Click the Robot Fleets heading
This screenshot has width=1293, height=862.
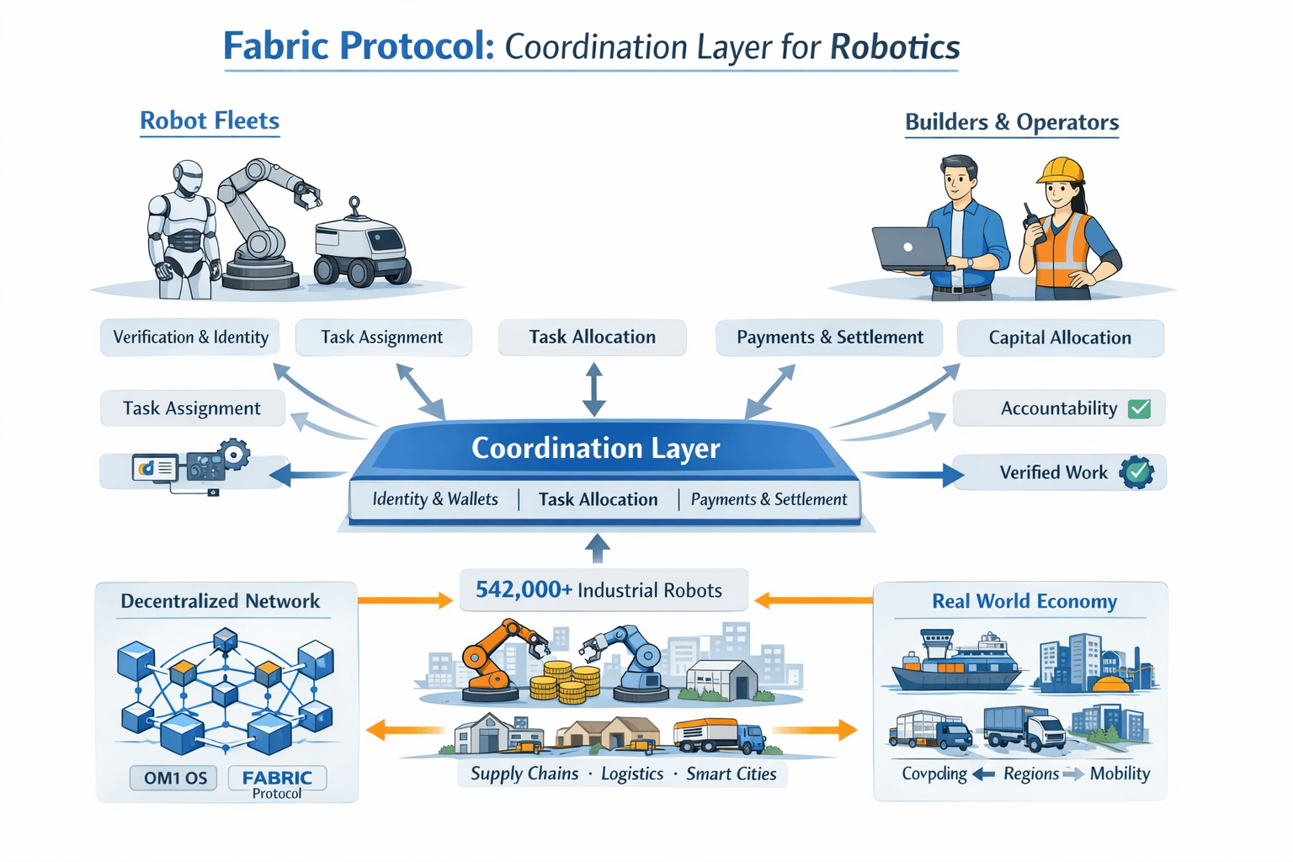pyautogui.click(x=210, y=121)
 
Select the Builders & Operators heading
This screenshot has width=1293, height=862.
pyautogui.click(x=1011, y=123)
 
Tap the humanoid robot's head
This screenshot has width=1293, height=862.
pyautogui.click(x=189, y=178)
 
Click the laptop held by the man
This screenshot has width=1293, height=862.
pyautogui.click(x=908, y=248)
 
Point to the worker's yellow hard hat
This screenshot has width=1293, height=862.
pyautogui.click(x=1060, y=170)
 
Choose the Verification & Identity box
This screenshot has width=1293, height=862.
pyautogui.click(x=191, y=338)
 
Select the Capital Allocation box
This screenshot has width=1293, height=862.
pyautogui.click(x=1060, y=338)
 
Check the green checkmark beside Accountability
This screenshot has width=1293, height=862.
pyautogui.click(x=1139, y=408)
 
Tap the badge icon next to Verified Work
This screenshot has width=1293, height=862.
pyautogui.click(x=1136, y=472)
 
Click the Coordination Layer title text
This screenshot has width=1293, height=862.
pyautogui.click(x=595, y=448)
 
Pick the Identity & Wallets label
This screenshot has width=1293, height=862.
pyautogui.click(x=435, y=499)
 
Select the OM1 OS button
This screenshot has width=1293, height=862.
pyautogui.click(x=175, y=778)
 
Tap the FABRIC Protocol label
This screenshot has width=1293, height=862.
pyautogui.click(x=277, y=782)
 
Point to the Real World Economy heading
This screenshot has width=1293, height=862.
pyautogui.click(x=1024, y=601)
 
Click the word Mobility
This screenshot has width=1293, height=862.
pyautogui.click(x=1120, y=774)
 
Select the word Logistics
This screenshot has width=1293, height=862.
pyautogui.click(x=632, y=774)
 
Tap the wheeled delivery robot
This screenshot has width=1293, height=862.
pyautogui.click(x=361, y=248)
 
